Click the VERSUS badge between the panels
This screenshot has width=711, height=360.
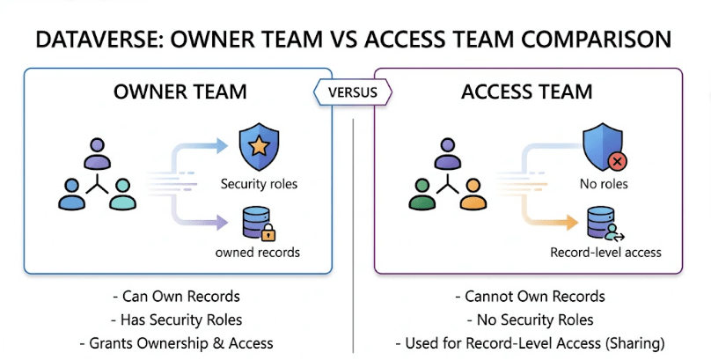click(x=353, y=91)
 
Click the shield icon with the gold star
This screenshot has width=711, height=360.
click(x=259, y=147)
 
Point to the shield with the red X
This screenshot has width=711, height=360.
click(x=604, y=147)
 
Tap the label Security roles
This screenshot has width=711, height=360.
click(x=259, y=183)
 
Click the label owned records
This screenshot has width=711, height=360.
click(x=259, y=253)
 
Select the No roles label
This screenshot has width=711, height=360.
click(x=604, y=183)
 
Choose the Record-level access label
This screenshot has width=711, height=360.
click(x=605, y=253)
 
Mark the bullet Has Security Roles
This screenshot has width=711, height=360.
click(x=176, y=320)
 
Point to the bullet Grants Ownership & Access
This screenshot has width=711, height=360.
click(x=176, y=342)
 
